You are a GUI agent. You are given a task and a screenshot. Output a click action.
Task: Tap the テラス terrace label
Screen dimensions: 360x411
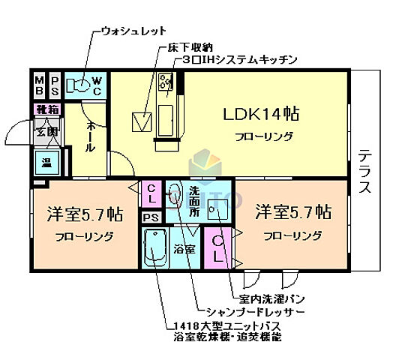(x=364, y=171)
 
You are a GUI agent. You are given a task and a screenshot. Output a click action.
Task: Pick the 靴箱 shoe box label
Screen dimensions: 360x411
(x=45, y=110)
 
